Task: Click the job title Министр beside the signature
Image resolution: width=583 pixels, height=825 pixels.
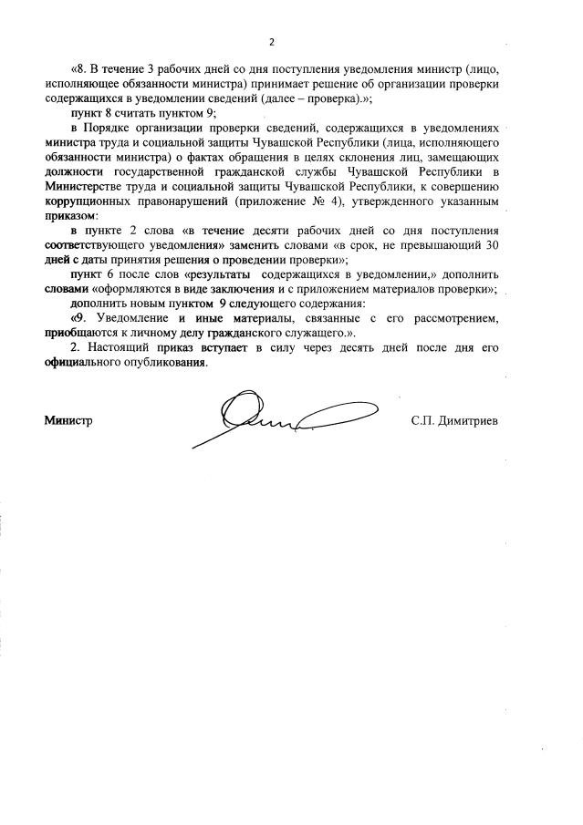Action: [68, 420]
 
